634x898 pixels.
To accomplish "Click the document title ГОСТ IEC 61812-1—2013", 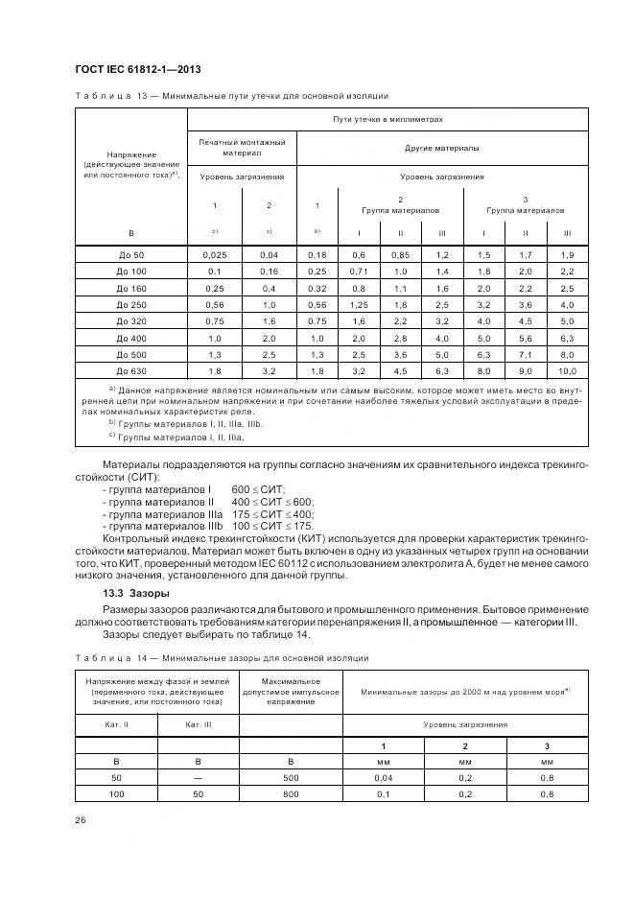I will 136,69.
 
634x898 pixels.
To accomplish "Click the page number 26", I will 80,819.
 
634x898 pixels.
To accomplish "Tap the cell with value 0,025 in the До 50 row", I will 214,255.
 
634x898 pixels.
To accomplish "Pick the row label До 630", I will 130,369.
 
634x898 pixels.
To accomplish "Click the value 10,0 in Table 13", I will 567,369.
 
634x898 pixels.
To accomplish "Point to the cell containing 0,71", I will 359,272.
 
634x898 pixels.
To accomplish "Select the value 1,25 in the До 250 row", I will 359,304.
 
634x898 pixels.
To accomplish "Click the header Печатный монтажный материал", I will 242,148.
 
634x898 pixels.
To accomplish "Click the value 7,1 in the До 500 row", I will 526,353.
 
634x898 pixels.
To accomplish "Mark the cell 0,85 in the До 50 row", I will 401,255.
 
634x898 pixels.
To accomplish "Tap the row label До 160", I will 130,288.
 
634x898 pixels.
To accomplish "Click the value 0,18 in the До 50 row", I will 317,255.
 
